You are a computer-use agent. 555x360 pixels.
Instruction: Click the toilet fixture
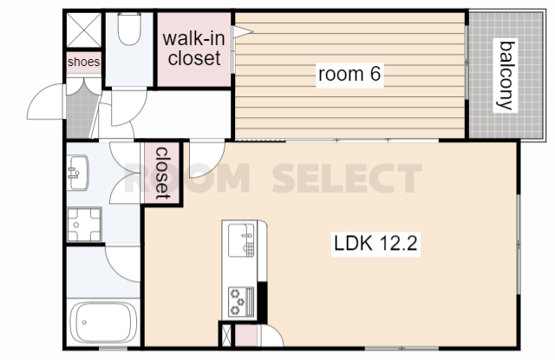pyautogui.click(x=129, y=29)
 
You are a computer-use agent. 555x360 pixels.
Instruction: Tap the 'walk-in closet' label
pyautogui.click(x=194, y=48)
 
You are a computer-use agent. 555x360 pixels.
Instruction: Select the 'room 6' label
pyautogui.click(x=349, y=74)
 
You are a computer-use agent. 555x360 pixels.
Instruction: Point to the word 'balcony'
pyautogui.click(x=506, y=75)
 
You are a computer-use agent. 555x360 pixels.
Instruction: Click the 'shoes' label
pyautogui.click(x=84, y=62)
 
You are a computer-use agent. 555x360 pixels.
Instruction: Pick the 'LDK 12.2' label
pyautogui.click(x=375, y=244)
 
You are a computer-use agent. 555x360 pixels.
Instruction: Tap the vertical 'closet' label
pyautogui.click(x=162, y=173)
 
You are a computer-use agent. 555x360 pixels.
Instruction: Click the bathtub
pyautogui.click(x=102, y=323)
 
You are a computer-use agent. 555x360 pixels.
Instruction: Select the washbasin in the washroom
pyautogui.click(x=78, y=173)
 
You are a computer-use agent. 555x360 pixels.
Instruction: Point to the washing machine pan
pyautogui.click(x=84, y=225)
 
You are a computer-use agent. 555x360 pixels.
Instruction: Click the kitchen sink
pyautogui.click(x=241, y=240)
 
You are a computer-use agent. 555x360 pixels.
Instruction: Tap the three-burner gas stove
pyautogui.click(x=241, y=302)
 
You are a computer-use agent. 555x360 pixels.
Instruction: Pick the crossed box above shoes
pyautogui.click(x=84, y=30)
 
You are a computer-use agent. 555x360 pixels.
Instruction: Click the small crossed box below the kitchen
pyautogui.click(x=225, y=335)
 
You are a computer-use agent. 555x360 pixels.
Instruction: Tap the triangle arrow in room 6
pyautogui.click(x=243, y=31)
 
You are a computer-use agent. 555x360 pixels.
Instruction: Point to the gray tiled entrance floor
pyautogui.click(x=81, y=112)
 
